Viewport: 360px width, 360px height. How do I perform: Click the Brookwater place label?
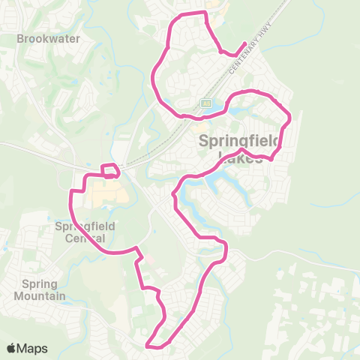[48, 38]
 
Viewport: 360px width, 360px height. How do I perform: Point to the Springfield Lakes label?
[239, 148]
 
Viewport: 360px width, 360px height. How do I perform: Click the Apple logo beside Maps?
[12, 348]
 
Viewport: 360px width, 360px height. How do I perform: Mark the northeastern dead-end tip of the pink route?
[246, 43]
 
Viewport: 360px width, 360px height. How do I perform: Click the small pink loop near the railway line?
[109, 170]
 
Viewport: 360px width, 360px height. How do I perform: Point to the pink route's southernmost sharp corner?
[149, 346]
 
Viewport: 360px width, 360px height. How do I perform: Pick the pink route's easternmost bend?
[289, 117]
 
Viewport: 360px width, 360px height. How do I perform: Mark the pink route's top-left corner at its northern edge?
[177, 16]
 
